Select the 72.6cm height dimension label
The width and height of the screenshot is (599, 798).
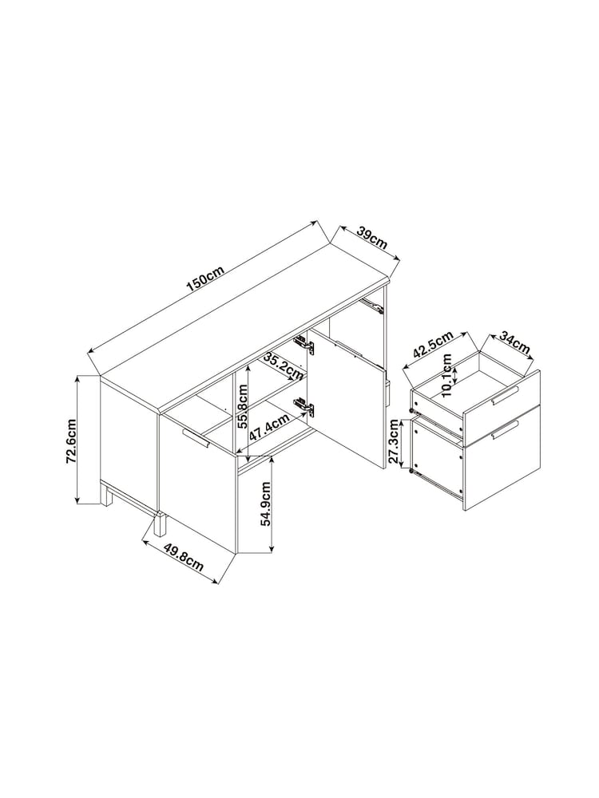[71, 440]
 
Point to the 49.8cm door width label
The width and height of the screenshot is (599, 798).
[184, 556]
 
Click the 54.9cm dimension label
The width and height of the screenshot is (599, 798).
[265, 504]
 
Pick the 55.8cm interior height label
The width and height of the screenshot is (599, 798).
[243, 406]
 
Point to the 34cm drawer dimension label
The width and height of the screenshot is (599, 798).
[514, 342]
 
